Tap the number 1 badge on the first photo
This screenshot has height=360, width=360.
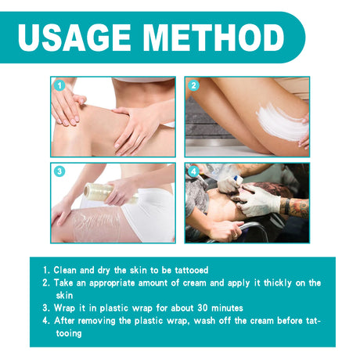59,85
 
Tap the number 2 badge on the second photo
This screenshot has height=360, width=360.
193,85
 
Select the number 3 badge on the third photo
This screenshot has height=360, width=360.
59,171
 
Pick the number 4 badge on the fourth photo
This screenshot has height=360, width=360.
193,171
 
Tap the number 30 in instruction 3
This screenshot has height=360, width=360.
182,308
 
